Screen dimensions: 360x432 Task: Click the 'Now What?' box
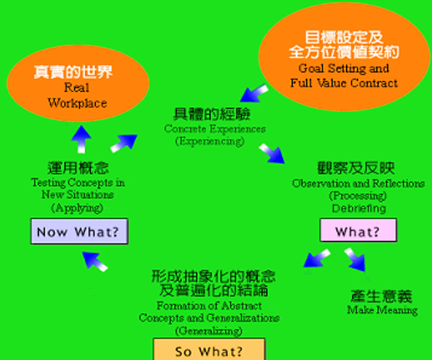pyautogui.click(x=78, y=232)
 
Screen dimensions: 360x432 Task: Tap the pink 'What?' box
pyautogui.click(x=358, y=231)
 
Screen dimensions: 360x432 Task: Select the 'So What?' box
pyautogui.click(x=209, y=351)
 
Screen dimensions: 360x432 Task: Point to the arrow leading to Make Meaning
pyautogui.click(x=357, y=261)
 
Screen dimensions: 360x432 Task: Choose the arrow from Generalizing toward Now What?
pyautogui.click(x=95, y=260)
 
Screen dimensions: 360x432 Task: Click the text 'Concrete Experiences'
pyautogui.click(x=215, y=129)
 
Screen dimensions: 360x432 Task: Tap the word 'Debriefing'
pyautogui.click(x=359, y=208)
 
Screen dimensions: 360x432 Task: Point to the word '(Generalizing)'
pyautogui.click(x=209, y=331)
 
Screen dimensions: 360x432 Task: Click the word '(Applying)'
pyautogui.click(x=77, y=208)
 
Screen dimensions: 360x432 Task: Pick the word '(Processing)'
pyautogui.click(x=357, y=196)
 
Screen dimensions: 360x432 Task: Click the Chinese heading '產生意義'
pyautogui.click(x=381, y=296)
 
